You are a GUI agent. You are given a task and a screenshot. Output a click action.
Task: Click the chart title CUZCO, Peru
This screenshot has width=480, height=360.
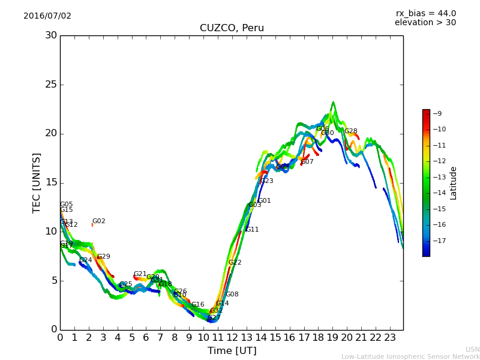[x=232, y=28]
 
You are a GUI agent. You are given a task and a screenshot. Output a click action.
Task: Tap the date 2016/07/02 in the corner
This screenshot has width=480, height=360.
[x=47, y=16]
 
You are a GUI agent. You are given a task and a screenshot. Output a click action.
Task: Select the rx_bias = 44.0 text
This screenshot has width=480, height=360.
[x=425, y=14]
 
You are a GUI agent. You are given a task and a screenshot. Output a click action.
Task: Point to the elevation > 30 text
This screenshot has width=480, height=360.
[x=425, y=23]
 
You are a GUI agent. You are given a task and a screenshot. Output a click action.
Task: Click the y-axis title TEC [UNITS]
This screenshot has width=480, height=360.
[x=37, y=182]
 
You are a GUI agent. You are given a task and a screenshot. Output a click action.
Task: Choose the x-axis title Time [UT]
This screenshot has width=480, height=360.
[x=232, y=351]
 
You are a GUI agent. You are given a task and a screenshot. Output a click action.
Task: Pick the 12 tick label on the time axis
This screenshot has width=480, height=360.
[x=232, y=338]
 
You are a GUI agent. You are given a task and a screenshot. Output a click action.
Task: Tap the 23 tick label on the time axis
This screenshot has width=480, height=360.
[x=389, y=338]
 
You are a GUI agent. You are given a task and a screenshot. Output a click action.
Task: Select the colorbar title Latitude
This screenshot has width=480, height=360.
[x=454, y=183]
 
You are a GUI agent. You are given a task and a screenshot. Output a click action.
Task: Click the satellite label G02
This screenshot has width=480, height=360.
[x=98, y=221]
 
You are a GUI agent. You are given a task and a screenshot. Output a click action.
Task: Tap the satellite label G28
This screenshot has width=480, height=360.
[x=350, y=131]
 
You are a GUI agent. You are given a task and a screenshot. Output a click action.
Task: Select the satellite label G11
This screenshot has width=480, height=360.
[x=252, y=230]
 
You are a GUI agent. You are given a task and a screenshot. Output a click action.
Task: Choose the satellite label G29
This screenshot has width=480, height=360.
[x=103, y=257]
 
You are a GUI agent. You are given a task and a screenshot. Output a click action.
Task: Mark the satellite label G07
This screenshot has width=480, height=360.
[x=307, y=162]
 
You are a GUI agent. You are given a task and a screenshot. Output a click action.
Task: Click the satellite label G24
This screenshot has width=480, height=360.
[x=86, y=260]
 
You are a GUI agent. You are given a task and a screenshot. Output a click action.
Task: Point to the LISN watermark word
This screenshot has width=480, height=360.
[x=472, y=349]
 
